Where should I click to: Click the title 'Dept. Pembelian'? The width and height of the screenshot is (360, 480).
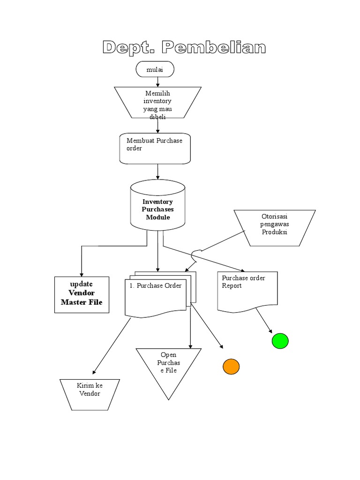[x=184, y=47]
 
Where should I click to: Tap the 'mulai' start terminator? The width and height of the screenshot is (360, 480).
[x=155, y=69]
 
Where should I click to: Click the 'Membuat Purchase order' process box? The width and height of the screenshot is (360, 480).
[x=155, y=148]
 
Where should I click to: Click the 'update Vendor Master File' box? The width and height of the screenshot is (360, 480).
[x=82, y=294]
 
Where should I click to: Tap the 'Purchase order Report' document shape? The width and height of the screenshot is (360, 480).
[x=247, y=291]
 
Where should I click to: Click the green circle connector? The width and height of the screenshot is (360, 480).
[x=280, y=341]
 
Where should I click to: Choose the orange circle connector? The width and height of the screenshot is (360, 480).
[x=231, y=366]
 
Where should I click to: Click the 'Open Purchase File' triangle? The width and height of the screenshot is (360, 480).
[x=168, y=368]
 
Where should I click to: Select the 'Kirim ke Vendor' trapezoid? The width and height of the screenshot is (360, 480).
[x=90, y=394]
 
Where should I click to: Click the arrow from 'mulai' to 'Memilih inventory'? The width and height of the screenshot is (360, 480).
[x=158, y=82]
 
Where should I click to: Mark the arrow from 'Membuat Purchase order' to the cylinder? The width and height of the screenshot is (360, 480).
[x=158, y=172]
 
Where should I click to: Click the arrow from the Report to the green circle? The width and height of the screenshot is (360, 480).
[x=263, y=322]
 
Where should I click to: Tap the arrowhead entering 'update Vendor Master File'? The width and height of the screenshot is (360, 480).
[x=82, y=274]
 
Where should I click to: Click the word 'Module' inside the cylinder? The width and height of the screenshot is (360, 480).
[x=157, y=217]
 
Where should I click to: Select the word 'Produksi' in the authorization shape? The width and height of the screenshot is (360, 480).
[x=275, y=232]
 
